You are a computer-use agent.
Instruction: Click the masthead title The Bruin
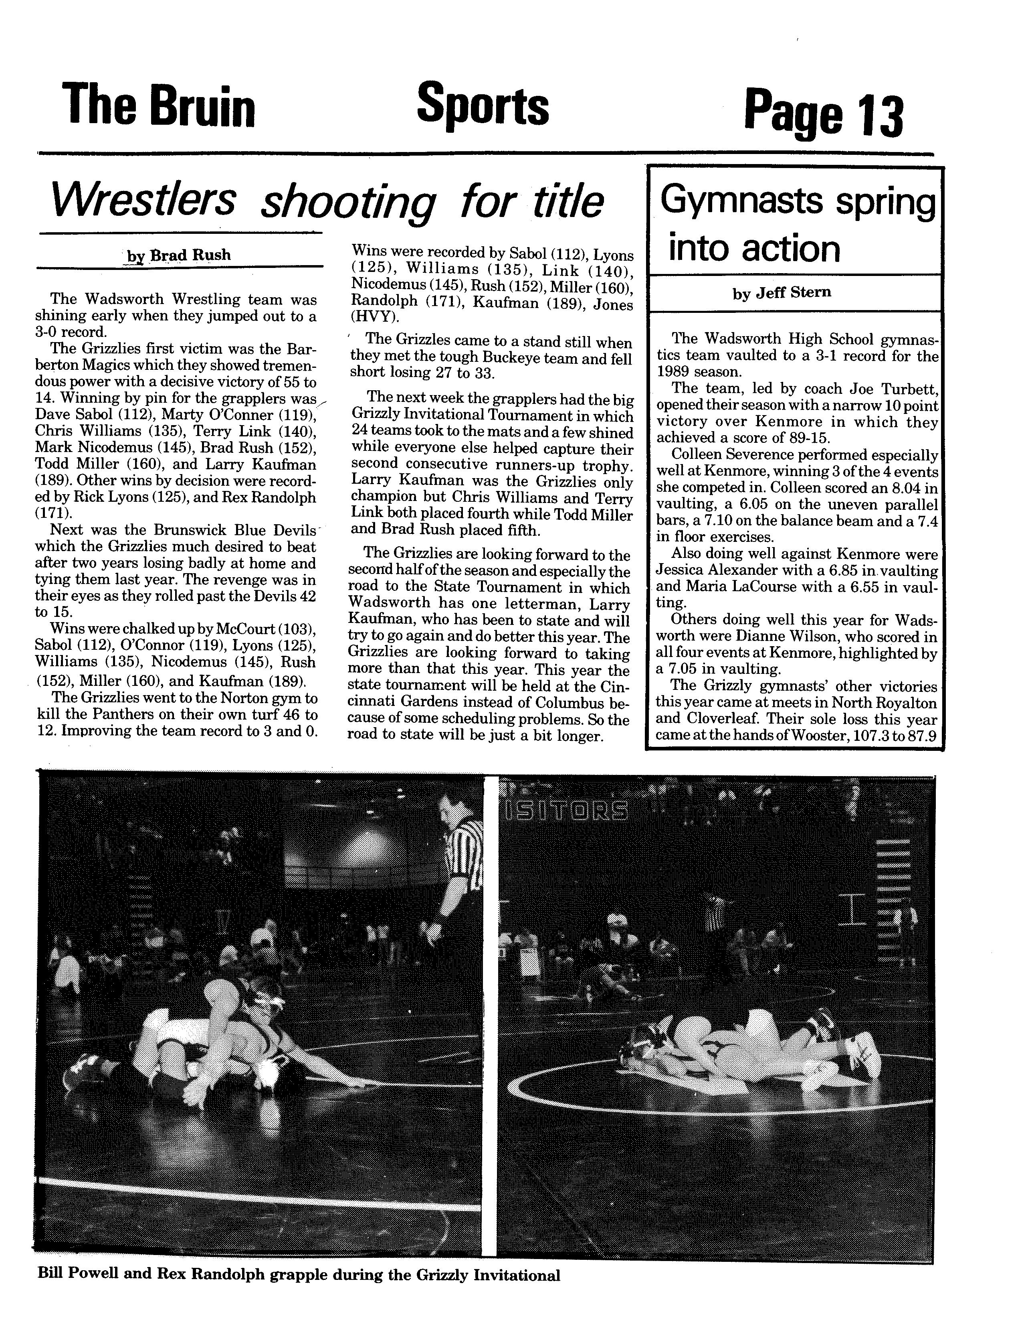coord(158,105)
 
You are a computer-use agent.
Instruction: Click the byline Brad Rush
coord(190,255)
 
